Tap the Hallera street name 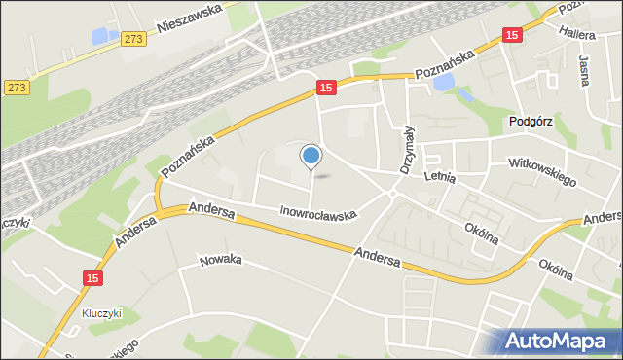(578, 32)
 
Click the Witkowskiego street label (542, 172)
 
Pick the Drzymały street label (407, 151)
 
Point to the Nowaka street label (220, 261)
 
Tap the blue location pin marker (311, 156)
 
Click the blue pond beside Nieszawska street (101, 36)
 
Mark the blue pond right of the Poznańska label (443, 85)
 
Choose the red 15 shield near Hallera (512, 34)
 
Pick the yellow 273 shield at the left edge (16, 87)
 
